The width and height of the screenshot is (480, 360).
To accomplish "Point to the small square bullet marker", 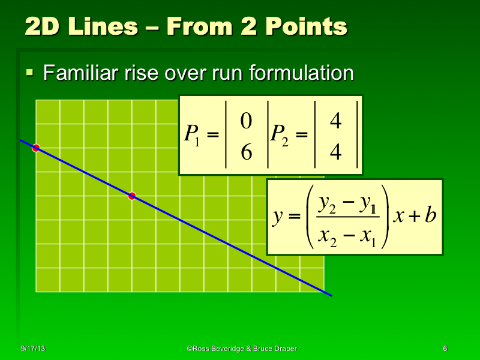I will coord(29,73).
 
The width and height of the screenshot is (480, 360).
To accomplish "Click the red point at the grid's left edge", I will coord(36,148).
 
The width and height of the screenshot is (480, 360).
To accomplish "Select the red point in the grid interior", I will coord(132,196).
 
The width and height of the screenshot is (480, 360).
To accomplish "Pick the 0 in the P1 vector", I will coord(245,121).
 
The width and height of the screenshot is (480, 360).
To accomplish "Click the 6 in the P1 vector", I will coord(245,153).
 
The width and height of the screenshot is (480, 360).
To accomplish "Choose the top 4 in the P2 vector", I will coord(335,121).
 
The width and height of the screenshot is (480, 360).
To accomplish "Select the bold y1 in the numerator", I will coord(367,205).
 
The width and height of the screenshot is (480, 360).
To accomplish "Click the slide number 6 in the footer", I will coord(445,349).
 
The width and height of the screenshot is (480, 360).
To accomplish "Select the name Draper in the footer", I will coord(284,349).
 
